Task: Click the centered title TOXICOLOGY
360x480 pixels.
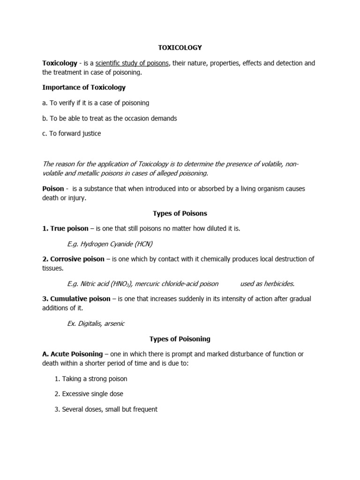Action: click(180, 47)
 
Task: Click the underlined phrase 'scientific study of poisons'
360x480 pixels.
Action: click(132, 63)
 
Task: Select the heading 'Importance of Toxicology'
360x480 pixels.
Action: click(84, 87)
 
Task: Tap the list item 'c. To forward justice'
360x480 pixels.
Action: click(71, 134)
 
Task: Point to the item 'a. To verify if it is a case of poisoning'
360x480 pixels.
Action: click(96, 103)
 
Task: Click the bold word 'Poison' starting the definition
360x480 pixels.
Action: click(53, 188)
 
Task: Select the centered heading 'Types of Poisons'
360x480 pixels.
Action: click(180, 213)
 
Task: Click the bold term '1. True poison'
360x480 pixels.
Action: click(65, 228)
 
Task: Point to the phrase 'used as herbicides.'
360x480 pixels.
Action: click(267, 283)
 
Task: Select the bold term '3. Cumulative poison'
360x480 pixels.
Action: click(76, 299)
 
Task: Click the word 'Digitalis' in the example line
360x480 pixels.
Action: click(91, 323)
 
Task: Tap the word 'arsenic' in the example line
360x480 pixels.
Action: click(115, 323)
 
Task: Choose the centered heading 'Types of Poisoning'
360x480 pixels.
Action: click(180, 339)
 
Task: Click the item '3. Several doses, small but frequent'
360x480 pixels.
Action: click(106, 409)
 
